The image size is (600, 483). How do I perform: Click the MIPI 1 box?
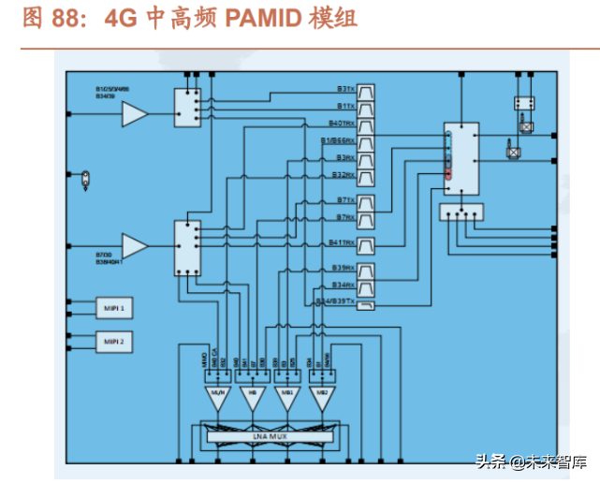[x=115, y=307]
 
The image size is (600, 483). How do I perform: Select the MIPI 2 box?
[x=115, y=343]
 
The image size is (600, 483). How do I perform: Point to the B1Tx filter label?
[x=345, y=107]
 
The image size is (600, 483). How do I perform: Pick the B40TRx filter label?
[x=342, y=124]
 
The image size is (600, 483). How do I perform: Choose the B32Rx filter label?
[x=344, y=175]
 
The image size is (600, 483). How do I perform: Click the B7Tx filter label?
[x=345, y=200]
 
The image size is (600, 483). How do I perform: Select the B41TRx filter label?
[x=342, y=243]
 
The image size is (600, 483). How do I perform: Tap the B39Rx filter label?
[x=344, y=269]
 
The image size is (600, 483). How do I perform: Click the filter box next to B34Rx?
[x=366, y=285]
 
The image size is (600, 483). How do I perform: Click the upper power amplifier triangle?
[x=135, y=114]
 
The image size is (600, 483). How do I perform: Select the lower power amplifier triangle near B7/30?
[x=135, y=246]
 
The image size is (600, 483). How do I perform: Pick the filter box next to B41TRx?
[x=366, y=243]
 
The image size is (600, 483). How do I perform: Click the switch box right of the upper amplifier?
[x=187, y=108]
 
